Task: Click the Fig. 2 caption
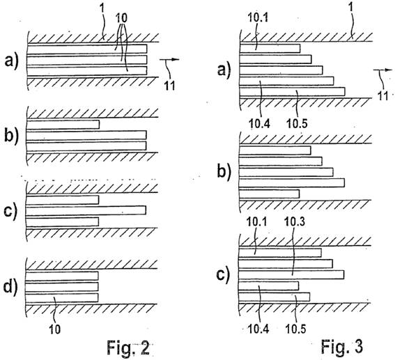click(128, 347)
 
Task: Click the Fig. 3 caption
click(342, 346)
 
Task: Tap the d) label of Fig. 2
click(11, 288)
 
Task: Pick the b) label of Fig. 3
click(224, 172)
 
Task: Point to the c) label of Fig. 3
click(224, 274)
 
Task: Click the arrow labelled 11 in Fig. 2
click(169, 60)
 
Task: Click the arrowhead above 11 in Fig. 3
click(389, 70)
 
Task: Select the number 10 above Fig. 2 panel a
click(121, 17)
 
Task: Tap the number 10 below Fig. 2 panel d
click(54, 329)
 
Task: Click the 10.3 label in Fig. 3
click(294, 221)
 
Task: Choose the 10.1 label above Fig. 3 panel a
click(258, 17)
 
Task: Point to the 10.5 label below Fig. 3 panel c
click(295, 329)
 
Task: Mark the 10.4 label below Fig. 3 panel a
click(259, 124)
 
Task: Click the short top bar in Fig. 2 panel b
click(63, 125)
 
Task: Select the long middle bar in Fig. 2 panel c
click(86, 210)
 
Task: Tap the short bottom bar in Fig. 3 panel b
click(270, 194)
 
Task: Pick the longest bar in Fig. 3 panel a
click(292, 92)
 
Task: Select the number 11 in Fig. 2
click(169, 86)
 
